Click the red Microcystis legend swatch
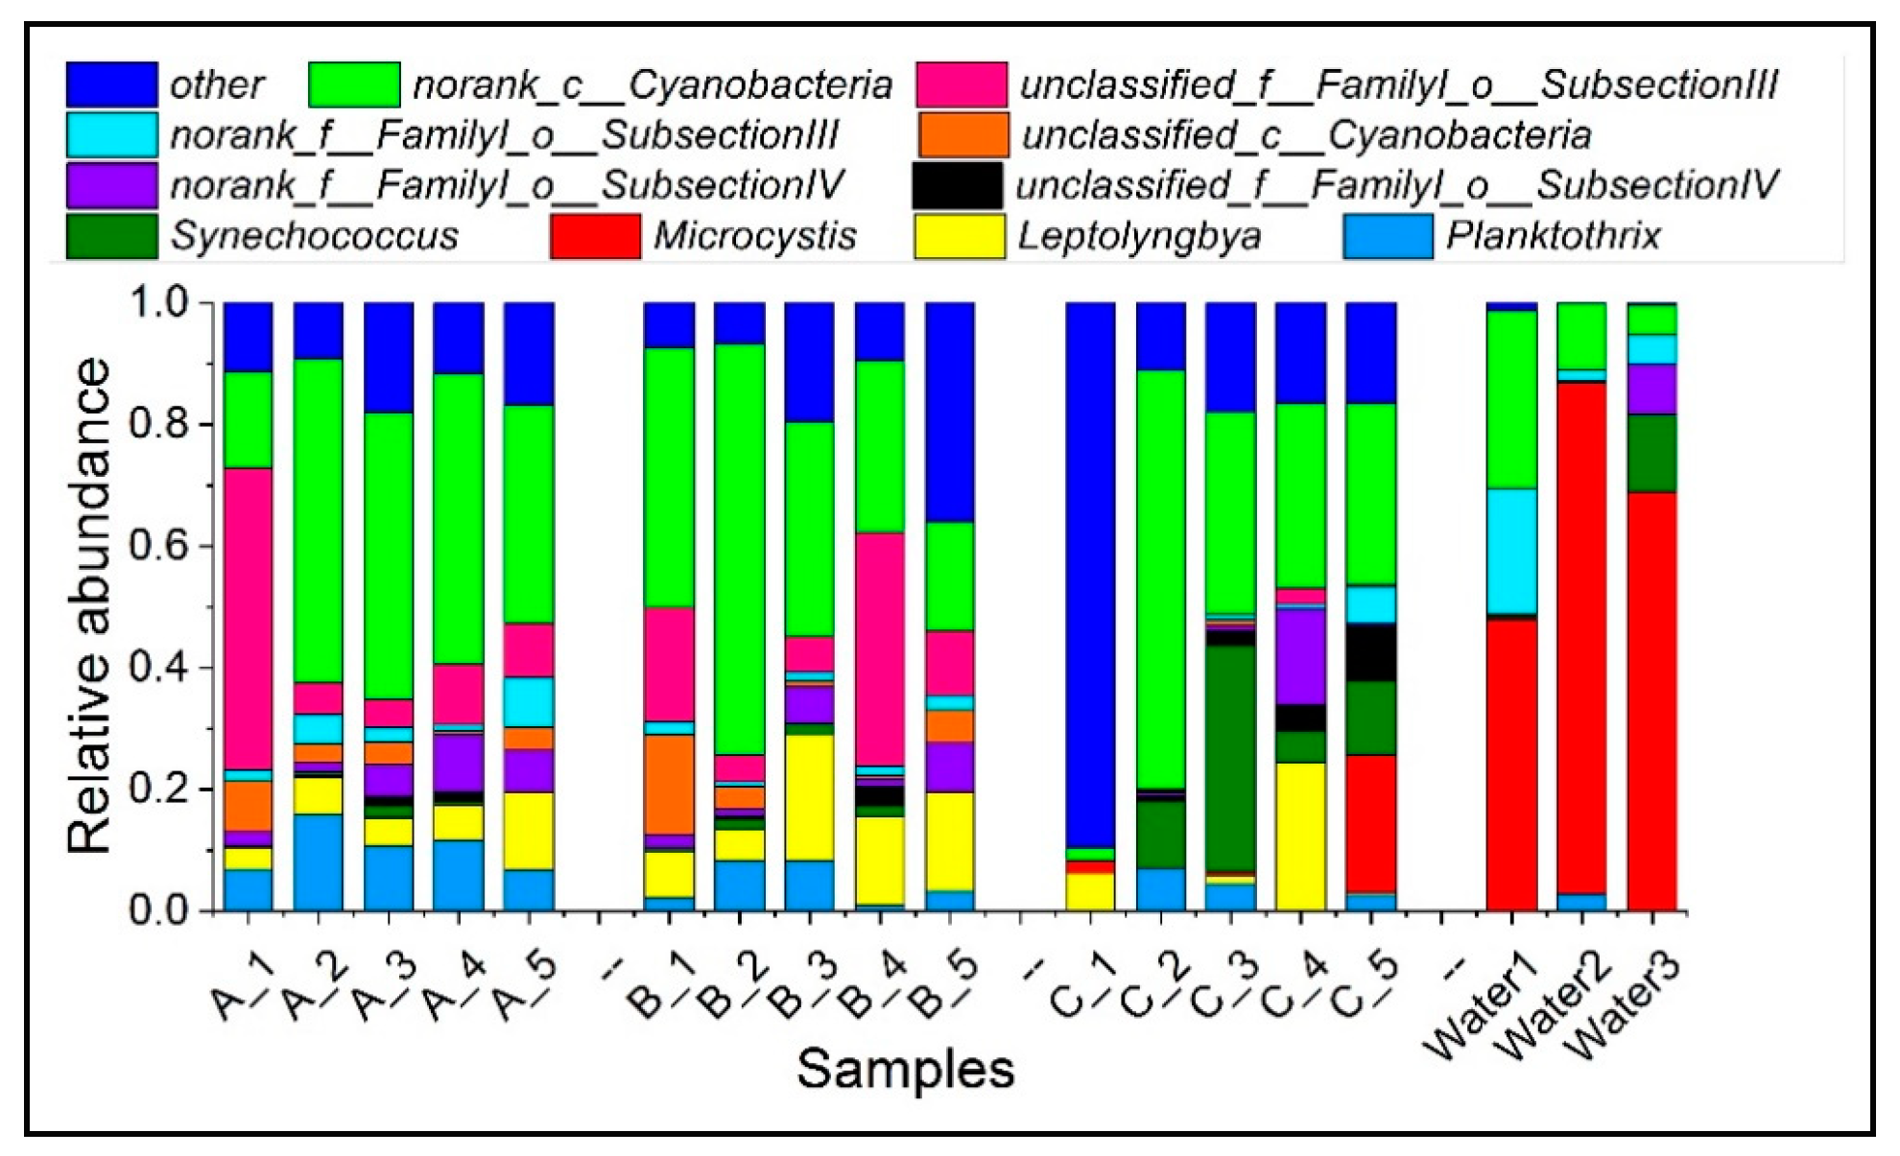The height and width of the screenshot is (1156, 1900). pyautogui.click(x=595, y=236)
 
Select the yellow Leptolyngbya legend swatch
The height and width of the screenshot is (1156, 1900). pyautogui.click(x=959, y=236)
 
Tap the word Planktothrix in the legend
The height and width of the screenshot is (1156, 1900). pyautogui.click(x=1553, y=236)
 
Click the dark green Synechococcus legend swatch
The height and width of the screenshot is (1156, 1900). pyautogui.click(x=111, y=236)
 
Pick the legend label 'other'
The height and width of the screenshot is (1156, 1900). pyautogui.click(x=217, y=85)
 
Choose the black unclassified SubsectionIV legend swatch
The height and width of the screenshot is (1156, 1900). pyautogui.click(x=957, y=185)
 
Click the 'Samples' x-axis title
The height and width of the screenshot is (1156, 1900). pyautogui.click(x=905, y=1069)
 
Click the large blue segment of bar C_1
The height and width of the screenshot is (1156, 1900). pyautogui.click(x=1090, y=576)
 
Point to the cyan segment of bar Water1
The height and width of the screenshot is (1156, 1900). pyautogui.click(x=1511, y=552)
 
